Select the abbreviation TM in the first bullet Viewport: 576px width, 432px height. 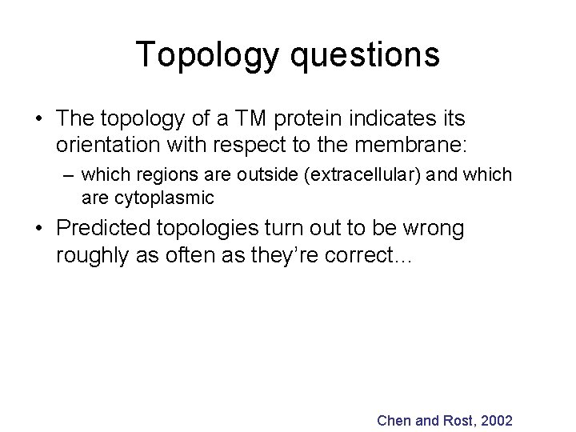click(245, 118)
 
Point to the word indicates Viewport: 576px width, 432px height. click(390, 118)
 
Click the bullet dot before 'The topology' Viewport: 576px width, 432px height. click(38, 119)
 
